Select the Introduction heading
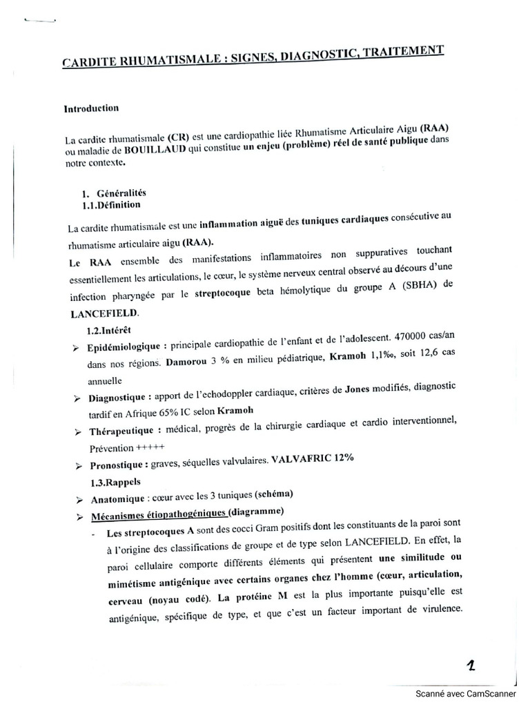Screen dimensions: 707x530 click(x=91, y=108)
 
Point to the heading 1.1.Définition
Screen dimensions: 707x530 click(x=111, y=204)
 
